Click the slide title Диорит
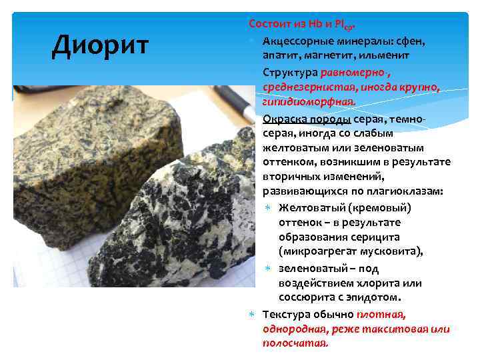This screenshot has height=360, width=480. [101, 45]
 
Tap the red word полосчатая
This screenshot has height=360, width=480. [295, 343]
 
